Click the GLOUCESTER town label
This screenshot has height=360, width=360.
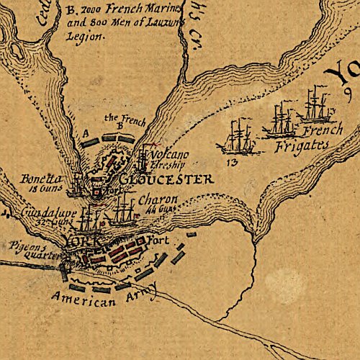166,179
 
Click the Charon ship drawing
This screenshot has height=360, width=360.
124,207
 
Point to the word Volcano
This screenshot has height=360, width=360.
171,154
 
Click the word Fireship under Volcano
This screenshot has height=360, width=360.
169,165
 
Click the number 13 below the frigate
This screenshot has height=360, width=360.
231,163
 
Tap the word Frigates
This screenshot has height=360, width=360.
301,145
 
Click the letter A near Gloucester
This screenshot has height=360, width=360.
86,132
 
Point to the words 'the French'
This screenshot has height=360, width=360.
121,117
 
